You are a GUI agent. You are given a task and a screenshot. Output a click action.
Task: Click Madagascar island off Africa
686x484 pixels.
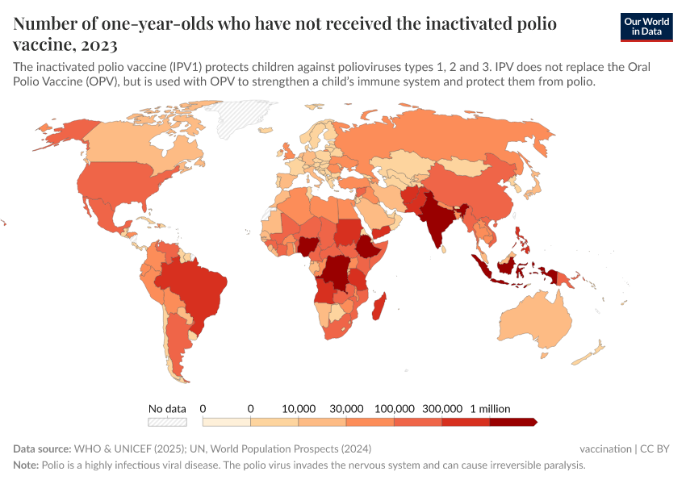380,311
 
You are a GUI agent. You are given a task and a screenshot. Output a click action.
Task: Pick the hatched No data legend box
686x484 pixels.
167,422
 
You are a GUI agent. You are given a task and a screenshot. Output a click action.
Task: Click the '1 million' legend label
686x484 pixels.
490,408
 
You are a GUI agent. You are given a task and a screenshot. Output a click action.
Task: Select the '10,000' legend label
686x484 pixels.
299,408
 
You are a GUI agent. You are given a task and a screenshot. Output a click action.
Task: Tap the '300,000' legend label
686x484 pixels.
442,408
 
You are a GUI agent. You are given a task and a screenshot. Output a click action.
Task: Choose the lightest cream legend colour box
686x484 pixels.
226,422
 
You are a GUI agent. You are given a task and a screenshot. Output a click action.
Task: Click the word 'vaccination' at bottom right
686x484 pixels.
605,449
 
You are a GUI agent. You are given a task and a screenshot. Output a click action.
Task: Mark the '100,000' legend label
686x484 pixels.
395,408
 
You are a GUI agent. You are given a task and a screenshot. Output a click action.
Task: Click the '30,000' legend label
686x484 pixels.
346,408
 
